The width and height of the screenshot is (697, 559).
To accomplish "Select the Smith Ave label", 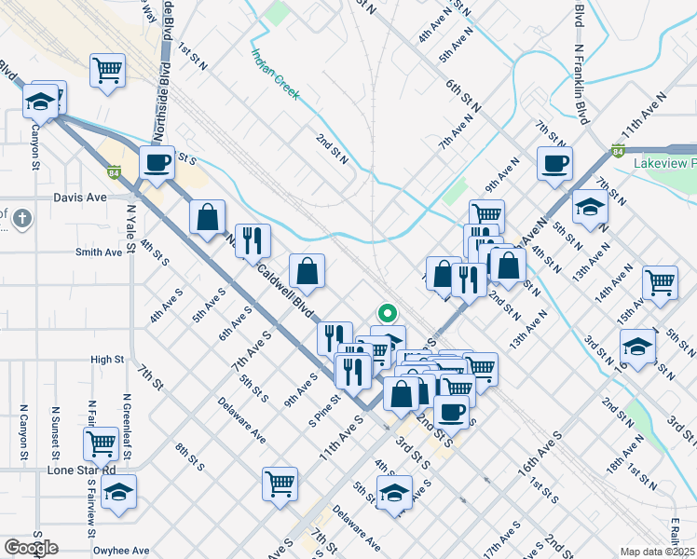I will click(99, 252).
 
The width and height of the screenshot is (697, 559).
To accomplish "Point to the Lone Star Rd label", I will click(80, 470).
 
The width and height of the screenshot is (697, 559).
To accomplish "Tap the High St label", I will click(107, 359).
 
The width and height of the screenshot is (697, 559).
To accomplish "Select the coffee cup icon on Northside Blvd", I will click(157, 163).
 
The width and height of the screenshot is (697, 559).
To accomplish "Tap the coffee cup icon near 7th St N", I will click(554, 164).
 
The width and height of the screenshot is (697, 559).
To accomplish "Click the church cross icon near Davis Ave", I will click(23, 219).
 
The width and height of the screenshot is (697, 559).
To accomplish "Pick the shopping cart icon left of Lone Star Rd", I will click(102, 443).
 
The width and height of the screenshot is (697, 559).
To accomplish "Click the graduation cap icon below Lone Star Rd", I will click(118, 492).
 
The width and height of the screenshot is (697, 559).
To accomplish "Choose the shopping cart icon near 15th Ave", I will click(660, 280).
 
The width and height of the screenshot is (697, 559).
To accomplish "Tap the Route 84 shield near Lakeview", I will click(618, 150).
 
